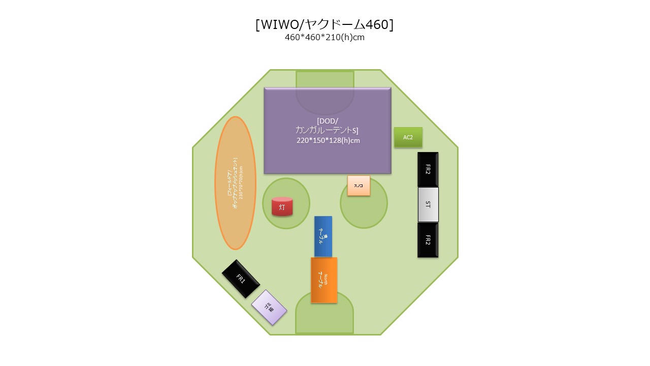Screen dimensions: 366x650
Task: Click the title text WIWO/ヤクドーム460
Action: point(324,25)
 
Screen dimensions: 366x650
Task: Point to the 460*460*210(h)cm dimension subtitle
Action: point(324,38)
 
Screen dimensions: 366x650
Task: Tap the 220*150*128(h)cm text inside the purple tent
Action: point(328,140)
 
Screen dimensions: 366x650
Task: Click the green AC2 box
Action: point(408,137)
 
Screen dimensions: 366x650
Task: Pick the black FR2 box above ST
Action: point(428,169)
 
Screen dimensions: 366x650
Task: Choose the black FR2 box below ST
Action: point(428,240)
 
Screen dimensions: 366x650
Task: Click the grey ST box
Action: point(428,204)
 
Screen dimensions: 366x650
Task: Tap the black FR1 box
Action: point(241,279)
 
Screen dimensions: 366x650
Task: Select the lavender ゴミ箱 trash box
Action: point(269,308)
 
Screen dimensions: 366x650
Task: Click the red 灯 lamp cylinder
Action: point(282,207)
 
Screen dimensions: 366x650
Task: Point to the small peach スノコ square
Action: point(359,186)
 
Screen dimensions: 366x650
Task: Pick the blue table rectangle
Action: point(323,236)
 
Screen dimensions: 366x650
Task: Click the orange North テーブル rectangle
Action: point(324,280)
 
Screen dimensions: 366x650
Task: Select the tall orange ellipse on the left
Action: point(235,183)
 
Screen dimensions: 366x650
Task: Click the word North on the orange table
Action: point(326,278)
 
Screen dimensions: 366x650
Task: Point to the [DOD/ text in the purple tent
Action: point(328,121)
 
